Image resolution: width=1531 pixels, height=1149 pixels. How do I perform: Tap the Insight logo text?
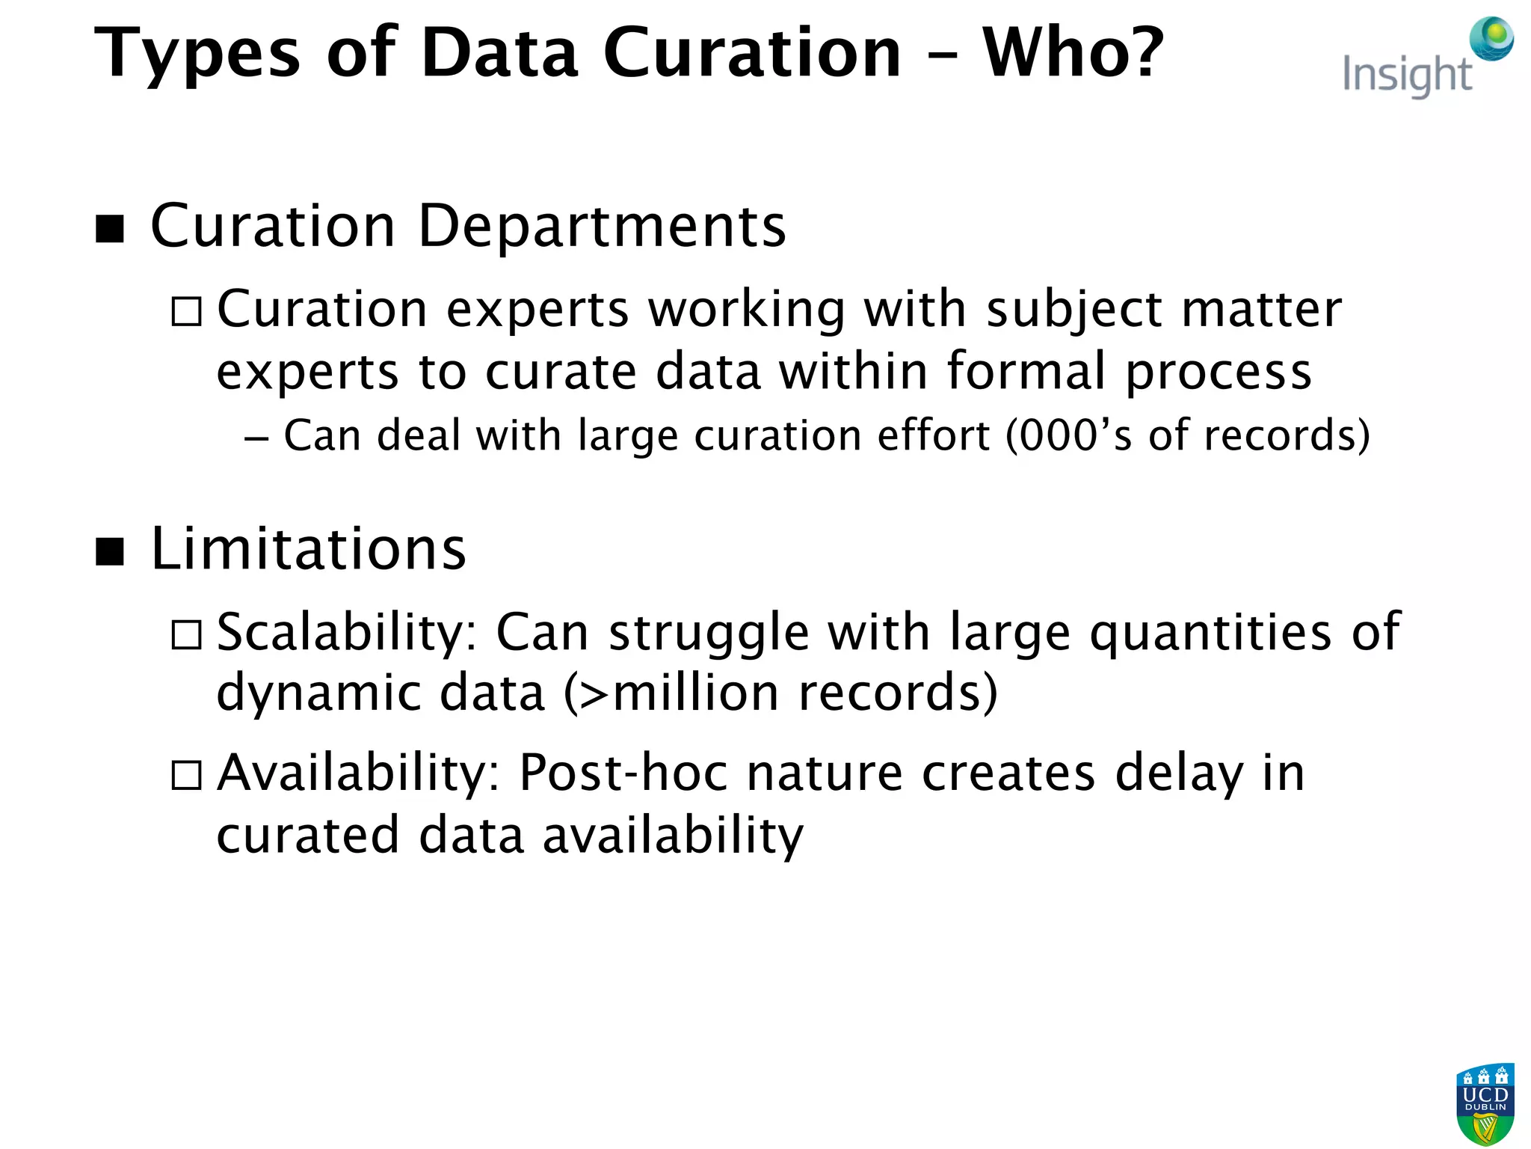pyautogui.click(x=1407, y=75)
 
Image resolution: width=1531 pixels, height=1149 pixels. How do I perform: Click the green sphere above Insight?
pyautogui.click(x=1491, y=37)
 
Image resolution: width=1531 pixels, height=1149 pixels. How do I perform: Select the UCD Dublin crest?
pyautogui.click(x=1485, y=1104)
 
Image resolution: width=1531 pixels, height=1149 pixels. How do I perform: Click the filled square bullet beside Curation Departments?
pyautogui.click(x=110, y=229)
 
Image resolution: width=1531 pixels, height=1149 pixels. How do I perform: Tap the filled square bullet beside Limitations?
pyautogui.click(x=110, y=552)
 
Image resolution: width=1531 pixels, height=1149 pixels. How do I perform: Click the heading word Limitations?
pyautogui.click(x=308, y=549)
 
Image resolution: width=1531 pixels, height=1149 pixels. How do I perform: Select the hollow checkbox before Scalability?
pyautogui.click(x=186, y=635)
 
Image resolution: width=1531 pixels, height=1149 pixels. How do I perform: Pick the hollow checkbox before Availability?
pyautogui.click(x=186, y=776)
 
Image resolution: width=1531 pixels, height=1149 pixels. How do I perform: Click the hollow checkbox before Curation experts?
pyautogui.click(x=186, y=312)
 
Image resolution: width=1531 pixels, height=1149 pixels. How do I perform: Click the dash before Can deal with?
pyautogui.click(x=256, y=438)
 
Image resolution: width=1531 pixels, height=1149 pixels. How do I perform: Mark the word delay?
pyautogui.click(x=1179, y=774)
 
